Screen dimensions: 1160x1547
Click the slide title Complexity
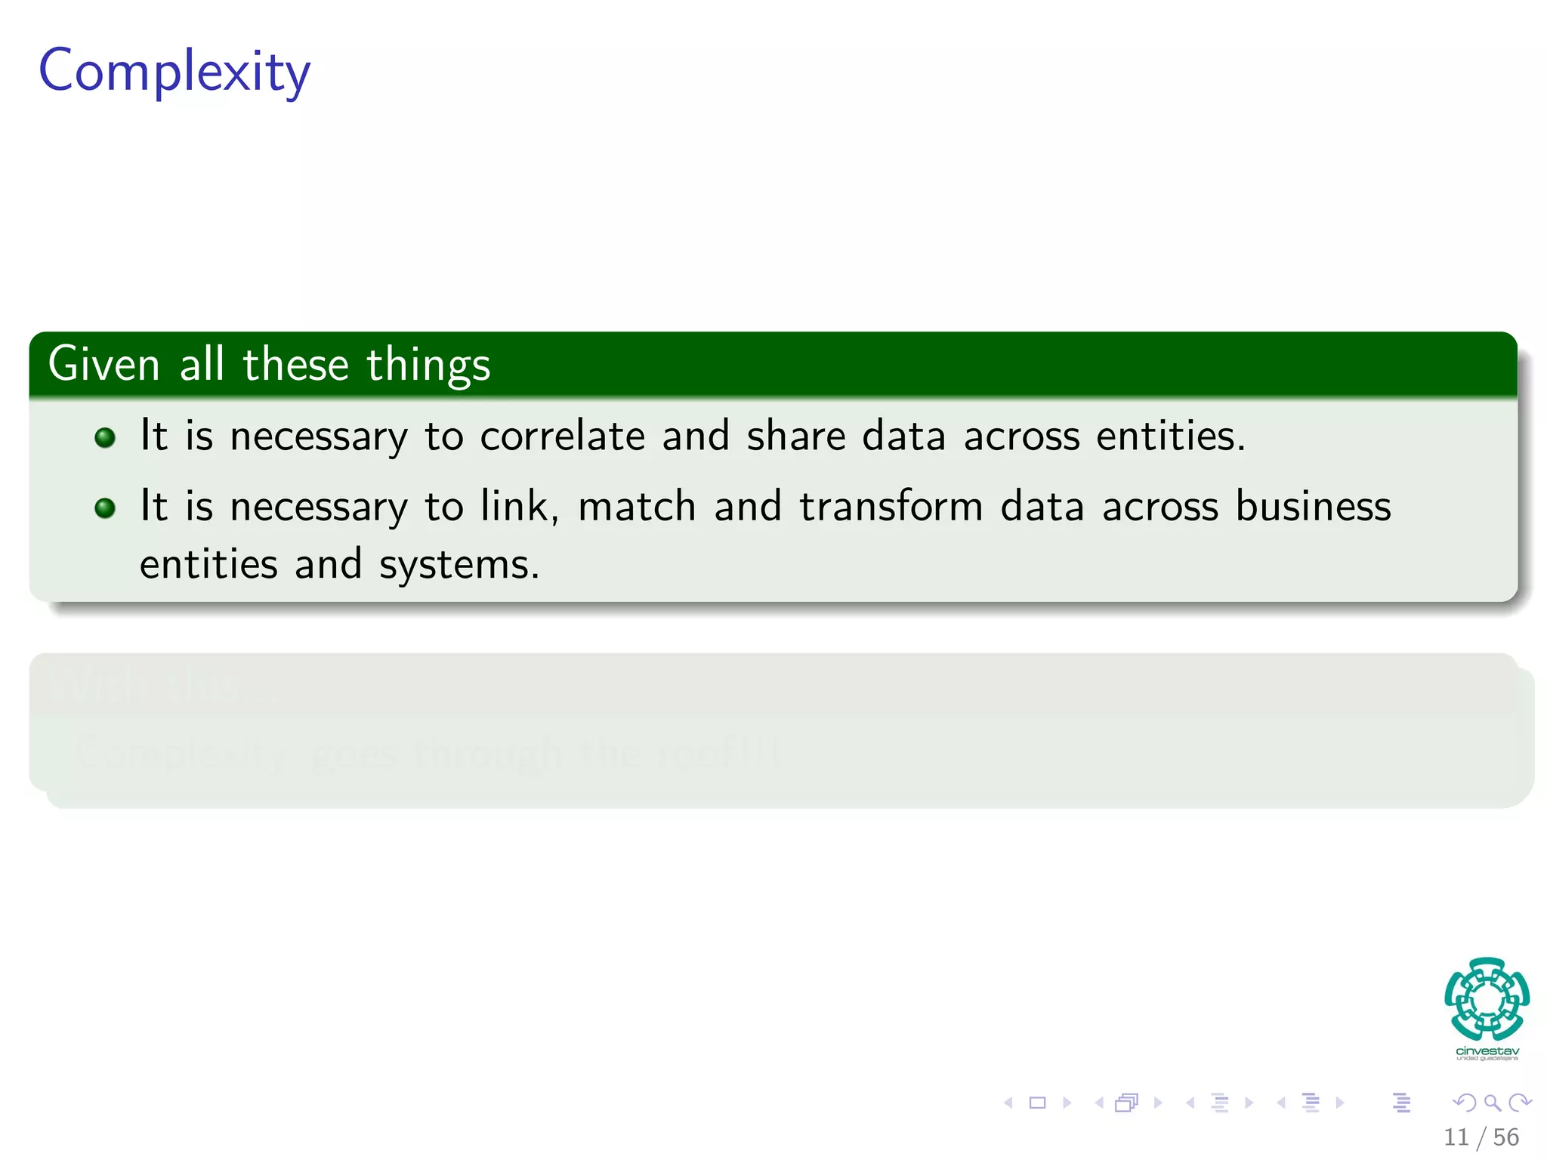click(x=174, y=72)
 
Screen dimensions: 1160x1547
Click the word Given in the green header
click(x=103, y=364)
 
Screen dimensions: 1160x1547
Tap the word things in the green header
click(x=428, y=366)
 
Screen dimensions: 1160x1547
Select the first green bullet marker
click(x=105, y=438)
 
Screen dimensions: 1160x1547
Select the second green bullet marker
click(x=105, y=508)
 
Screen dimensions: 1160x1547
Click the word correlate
click(x=563, y=437)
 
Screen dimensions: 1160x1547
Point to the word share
click(x=795, y=437)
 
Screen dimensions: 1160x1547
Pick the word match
click(x=637, y=506)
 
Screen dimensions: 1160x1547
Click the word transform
click(x=891, y=506)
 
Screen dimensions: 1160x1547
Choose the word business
click(x=1313, y=506)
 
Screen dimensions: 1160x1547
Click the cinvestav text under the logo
click(x=1487, y=1051)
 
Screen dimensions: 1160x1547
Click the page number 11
click(x=1456, y=1137)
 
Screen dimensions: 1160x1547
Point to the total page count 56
click(x=1505, y=1137)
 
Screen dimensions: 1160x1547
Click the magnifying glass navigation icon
click(x=1492, y=1103)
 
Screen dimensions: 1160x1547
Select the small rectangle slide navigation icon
click(x=1037, y=1103)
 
